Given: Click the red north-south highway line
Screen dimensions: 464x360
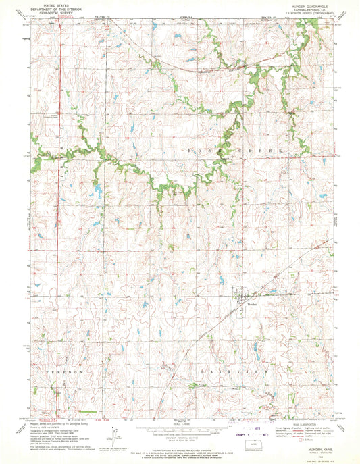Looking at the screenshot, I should pos(57,236).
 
